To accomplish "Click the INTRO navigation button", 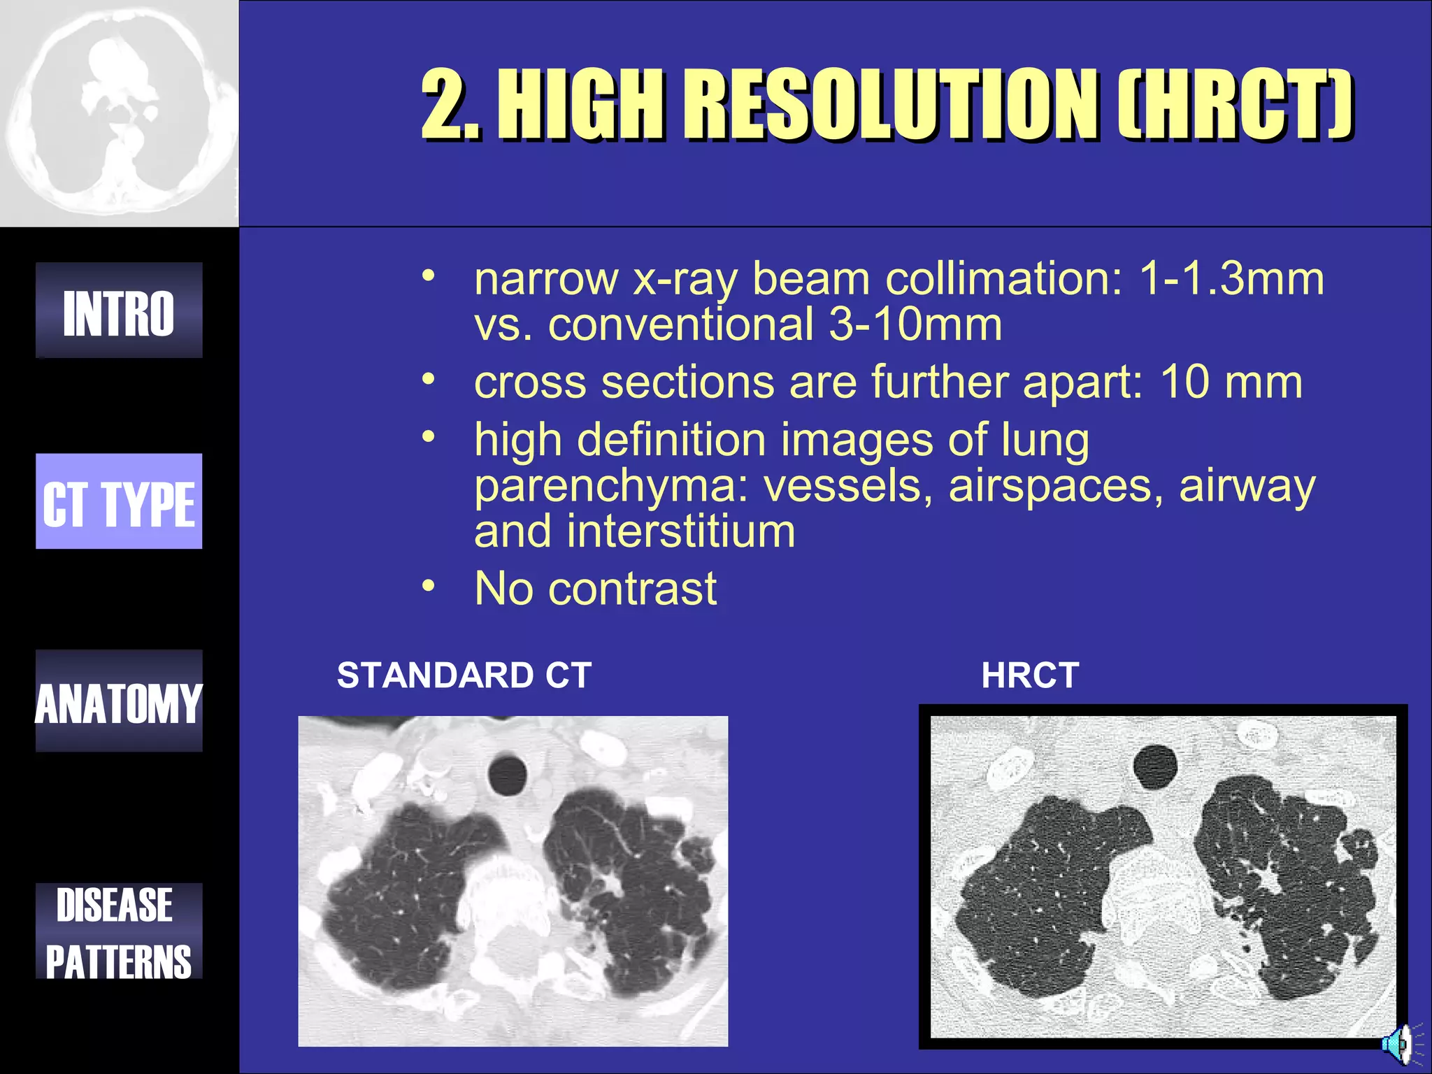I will [x=119, y=310].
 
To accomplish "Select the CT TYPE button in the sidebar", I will [x=119, y=501].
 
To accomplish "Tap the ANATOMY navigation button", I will [x=119, y=701].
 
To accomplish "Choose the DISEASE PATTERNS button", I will [x=119, y=931].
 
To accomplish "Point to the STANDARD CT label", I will [x=464, y=675].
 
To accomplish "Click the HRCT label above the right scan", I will [x=1030, y=675].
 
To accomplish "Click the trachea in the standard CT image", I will [x=507, y=775].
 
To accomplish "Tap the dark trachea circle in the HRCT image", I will [x=1155, y=766].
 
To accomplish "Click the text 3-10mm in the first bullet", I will [x=915, y=324].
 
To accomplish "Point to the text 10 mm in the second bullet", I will [x=1231, y=382].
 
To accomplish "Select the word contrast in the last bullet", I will [x=632, y=589].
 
